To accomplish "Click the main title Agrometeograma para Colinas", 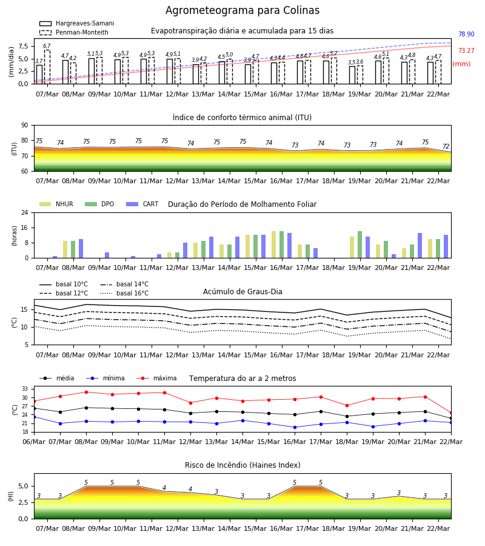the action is [242, 10].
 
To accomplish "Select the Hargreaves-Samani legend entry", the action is [77, 23].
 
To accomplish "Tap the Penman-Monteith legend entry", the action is [74, 32].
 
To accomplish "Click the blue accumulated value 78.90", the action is [466, 34].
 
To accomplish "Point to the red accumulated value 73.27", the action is [466, 50].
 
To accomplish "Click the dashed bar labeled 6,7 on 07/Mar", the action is [47, 67].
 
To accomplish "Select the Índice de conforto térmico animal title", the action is [242, 117].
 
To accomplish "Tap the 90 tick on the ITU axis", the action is [25, 126].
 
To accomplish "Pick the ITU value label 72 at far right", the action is [446, 146].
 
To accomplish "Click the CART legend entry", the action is [142, 204].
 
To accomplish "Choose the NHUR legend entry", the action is [56, 204].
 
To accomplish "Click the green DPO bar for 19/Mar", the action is [360, 244].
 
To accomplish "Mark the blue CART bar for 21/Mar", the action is [420, 246].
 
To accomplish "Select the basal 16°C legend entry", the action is [124, 293].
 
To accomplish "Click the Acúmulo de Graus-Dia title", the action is [242, 291].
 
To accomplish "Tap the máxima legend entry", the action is [157, 378].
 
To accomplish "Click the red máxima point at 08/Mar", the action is [86, 392].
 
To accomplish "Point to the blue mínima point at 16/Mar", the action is [295, 427].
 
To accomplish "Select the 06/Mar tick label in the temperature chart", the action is [34, 442].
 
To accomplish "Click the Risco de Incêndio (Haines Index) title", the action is [242, 465].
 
